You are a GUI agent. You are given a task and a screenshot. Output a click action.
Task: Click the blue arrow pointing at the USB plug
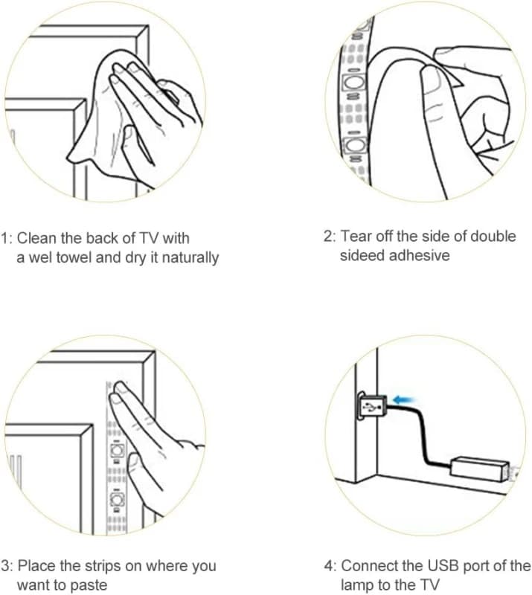coord(404,399)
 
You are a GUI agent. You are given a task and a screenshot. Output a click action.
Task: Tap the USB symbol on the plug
coord(371,408)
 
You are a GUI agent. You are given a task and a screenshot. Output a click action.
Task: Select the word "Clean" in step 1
coord(36,238)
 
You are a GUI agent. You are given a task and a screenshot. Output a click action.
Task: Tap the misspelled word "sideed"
coord(360,255)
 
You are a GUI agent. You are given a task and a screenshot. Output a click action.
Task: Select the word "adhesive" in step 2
coord(419,255)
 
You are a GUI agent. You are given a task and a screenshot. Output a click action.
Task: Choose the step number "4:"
coord(330,566)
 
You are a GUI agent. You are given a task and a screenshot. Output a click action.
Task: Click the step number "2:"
coord(329,236)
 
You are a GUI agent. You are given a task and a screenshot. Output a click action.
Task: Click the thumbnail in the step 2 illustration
coord(432,82)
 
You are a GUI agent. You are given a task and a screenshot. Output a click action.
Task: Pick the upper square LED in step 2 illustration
coord(353,83)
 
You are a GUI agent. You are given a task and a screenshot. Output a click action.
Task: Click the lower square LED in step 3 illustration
coord(118,499)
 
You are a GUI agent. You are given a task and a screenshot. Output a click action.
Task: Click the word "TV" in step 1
coord(150,238)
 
